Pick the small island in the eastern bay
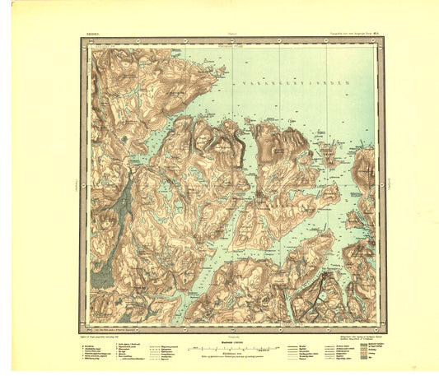click(331, 154)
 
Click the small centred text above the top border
click(220, 35)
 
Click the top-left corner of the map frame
click(81, 39)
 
